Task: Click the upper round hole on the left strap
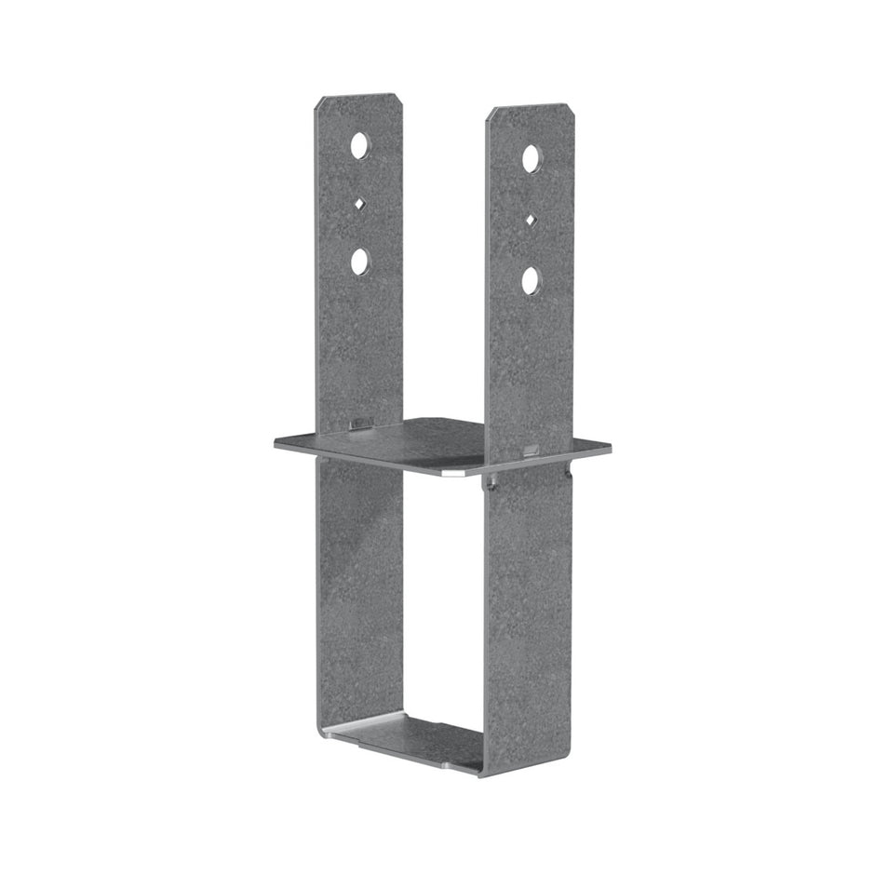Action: (x=359, y=145)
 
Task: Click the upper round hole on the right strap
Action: (x=531, y=159)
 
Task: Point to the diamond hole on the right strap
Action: (x=531, y=220)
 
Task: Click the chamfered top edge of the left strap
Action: (x=358, y=97)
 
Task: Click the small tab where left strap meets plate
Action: (x=357, y=425)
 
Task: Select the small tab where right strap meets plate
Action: (x=530, y=451)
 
